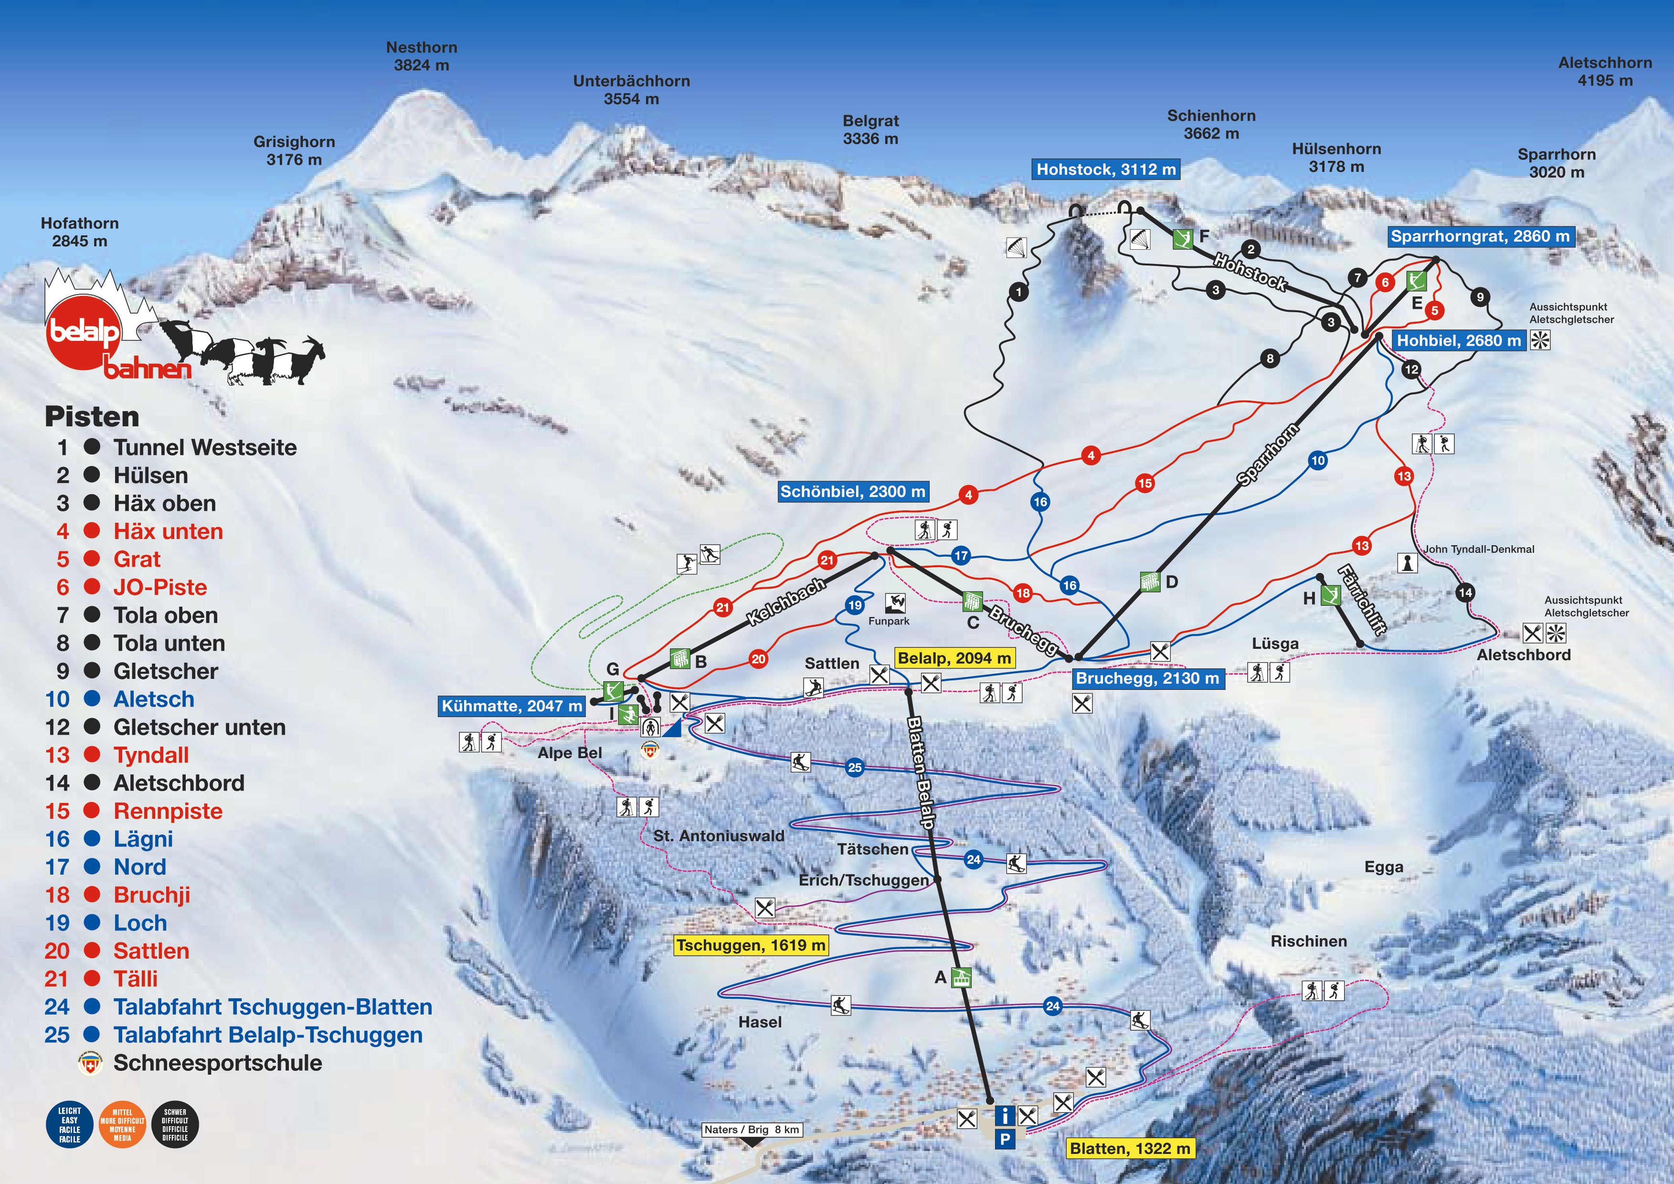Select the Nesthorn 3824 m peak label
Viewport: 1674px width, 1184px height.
pyautogui.click(x=422, y=56)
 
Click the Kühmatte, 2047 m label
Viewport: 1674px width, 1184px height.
pyautogui.click(x=512, y=706)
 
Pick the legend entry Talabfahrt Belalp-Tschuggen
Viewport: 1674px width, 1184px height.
pyautogui.click(x=267, y=1035)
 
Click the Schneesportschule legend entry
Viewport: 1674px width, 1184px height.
pyautogui.click(x=217, y=1063)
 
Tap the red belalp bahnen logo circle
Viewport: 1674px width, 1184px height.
pyautogui.click(x=83, y=332)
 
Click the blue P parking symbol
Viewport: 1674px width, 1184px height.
pyautogui.click(x=1005, y=1139)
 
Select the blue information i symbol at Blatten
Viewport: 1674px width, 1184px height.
pyautogui.click(x=1005, y=1115)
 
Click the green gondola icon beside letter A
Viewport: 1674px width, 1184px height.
pyautogui.click(x=963, y=978)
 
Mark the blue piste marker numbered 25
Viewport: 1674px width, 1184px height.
pyautogui.click(x=855, y=767)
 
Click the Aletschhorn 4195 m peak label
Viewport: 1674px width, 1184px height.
pyautogui.click(x=1605, y=72)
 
